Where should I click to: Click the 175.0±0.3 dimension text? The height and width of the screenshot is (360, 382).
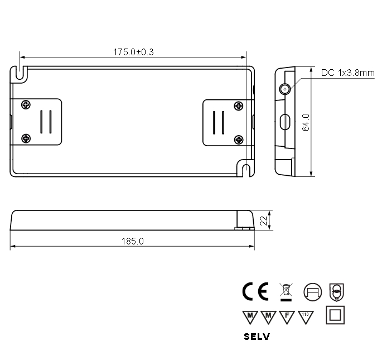point(133,52)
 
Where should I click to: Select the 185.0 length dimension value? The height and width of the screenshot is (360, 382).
point(133,241)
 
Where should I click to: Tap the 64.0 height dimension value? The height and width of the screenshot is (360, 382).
point(306,122)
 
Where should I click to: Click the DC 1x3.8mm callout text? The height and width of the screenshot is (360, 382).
point(347,73)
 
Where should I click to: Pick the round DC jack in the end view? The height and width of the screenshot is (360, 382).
point(285,89)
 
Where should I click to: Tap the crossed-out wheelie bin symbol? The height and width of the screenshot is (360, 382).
point(286,291)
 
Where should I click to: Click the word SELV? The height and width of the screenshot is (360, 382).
point(257,337)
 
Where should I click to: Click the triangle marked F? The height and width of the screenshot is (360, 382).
point(287,316)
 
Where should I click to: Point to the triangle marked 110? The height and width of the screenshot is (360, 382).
point(305,316)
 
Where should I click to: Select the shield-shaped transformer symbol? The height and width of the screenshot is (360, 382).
point(336,291)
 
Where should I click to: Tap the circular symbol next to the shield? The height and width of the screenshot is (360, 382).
point(312,291)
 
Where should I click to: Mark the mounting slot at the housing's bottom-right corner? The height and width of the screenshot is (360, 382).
point(246,169)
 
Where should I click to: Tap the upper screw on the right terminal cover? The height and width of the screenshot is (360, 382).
point(239,105)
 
